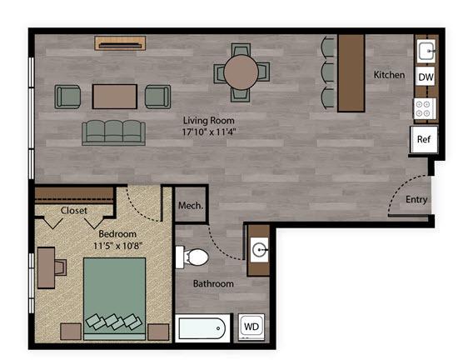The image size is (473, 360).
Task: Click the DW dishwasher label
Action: pos(426,77)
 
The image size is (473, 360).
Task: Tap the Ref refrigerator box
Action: pos(424,139)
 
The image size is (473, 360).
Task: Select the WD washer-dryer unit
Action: pos(251,327)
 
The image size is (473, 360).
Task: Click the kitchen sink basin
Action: pos(426,51)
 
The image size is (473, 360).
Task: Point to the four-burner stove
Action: pos(424,108)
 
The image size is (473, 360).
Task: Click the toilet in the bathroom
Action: pos(192,257)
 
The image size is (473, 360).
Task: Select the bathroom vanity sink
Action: pos(260,249)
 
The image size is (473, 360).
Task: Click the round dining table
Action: pos(241,72)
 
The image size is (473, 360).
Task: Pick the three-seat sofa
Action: pos(114,132)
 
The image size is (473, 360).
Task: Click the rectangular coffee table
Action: pos(115,97)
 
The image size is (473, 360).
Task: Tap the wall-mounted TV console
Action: pos(120,43)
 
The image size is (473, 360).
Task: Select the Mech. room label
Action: pos(191,206)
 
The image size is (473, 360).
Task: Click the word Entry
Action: pos(416,200)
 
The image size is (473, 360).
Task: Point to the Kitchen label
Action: pos(389,74)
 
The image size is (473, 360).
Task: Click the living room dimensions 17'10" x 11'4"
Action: pos(209,132)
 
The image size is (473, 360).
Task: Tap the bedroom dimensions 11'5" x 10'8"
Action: pos(117,246)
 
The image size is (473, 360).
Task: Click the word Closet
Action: pos(73,210)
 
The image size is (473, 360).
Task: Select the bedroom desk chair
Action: pos(60,267)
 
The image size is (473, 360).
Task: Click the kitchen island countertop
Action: pos(351,73)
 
